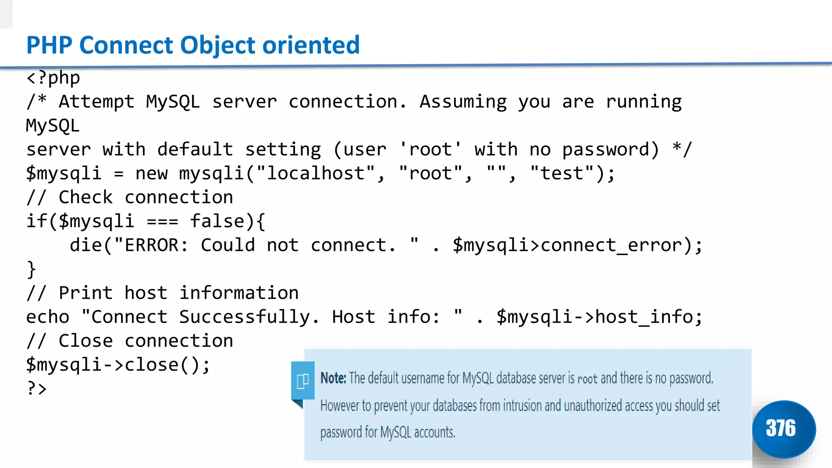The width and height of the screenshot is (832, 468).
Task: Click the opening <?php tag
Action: pos(53,78)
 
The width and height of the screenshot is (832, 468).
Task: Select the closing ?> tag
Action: pos(37,388)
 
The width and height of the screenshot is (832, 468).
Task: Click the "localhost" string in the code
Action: pos(315,173)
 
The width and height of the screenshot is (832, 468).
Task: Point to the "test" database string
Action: pos(562,173)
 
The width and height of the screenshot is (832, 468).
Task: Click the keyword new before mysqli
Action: pos(151,173)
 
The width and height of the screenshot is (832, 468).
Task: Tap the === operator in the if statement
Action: pos(162,222)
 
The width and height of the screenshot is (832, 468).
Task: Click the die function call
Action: pos(86,245)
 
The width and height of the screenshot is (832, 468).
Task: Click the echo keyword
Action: pos(48,317)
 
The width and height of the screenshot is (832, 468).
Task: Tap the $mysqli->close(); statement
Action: pos(118,365)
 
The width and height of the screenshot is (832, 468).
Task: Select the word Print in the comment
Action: pos(86,293)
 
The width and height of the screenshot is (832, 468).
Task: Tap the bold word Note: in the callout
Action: pos(333,378)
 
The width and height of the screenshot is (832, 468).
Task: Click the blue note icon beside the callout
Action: pos(303,381)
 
